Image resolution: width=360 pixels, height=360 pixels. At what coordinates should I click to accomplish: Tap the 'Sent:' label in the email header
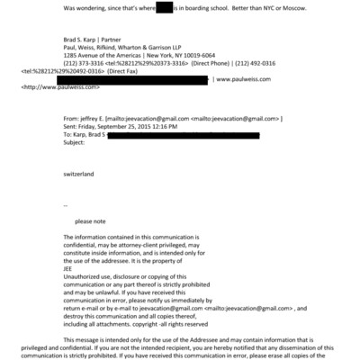73,126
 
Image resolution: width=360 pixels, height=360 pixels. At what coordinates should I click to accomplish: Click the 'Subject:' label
78,142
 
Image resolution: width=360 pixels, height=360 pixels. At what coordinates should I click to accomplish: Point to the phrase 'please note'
94,220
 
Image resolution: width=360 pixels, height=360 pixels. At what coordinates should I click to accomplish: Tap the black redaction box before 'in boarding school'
164,7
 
